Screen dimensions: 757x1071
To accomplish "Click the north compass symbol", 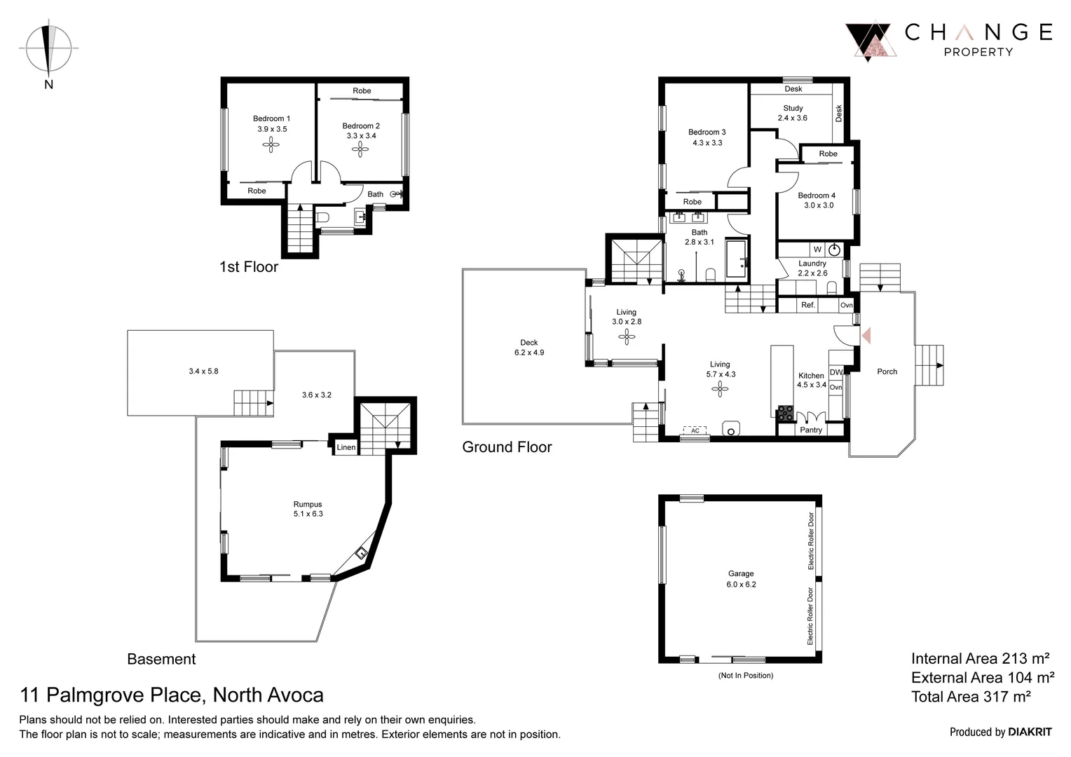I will pyautogui.click(x=48, y=49).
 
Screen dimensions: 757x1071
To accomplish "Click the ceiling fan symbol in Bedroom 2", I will pyautogui.click(x=361, y=149).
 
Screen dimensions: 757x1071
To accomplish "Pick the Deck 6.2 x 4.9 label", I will pyautogui.click(x=528, y=348).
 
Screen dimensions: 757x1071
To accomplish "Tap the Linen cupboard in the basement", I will pyautogui.click(x=346, y=447).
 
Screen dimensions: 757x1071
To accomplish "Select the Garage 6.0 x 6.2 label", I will pyautogui.click(x=740, y=578).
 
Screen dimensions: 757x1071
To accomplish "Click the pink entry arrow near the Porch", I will pyautogui.click(x=866, y=336).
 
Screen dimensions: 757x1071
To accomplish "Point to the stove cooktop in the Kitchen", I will pyautogui.click(x=784, y=413).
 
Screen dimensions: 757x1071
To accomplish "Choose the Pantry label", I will pyautogui.click(x=811, y=430).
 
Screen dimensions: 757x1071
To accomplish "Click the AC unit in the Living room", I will pyautogui.click(x=695, y=430).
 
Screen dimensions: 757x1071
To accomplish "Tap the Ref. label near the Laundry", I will pyautogui.click(x=807, y=305).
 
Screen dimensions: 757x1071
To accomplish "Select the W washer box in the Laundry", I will pyautogui.click(x=817, y=250).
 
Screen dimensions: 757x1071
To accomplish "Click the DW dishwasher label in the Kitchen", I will pyautogui.click(x=835, y=372).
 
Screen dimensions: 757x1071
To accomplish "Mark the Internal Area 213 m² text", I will pyautogui.click(x=980, y=658).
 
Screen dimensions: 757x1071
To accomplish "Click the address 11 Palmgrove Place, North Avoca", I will pyautogui.click(x=172, y=695).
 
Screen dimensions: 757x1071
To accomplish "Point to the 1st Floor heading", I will pyautogui.click(x=249, y=267).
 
